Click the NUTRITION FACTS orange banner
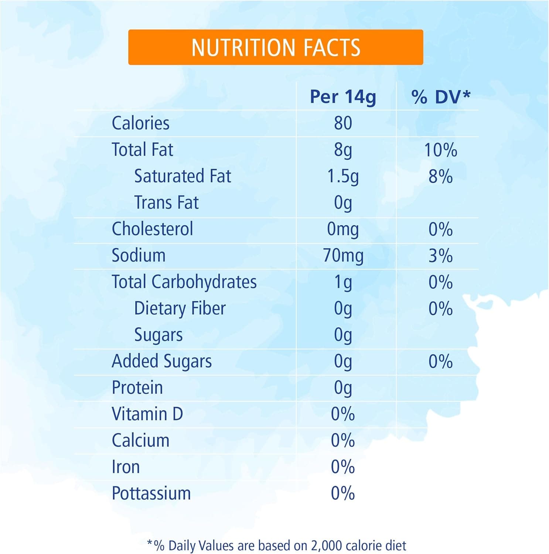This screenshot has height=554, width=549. point(276,47)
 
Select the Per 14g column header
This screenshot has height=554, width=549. point(343,97)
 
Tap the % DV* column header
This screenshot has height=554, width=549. point(440,97)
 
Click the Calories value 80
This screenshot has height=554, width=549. point(343,123)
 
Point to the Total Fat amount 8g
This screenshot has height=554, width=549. point(343,150)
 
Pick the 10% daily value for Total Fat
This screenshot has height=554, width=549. point(440,150)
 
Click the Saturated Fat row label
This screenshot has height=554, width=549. point(183,176)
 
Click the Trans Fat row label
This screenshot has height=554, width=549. point(166,202)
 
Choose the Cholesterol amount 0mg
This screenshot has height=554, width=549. point(343,229)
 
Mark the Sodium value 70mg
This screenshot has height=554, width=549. point(343,256)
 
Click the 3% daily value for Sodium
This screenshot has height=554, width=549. point(440,256)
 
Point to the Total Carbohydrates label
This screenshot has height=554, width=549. point(184,282)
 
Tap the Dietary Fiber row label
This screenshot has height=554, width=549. point(180,308)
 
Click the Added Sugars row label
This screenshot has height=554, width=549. point(162,361)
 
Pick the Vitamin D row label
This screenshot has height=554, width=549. point(147,414)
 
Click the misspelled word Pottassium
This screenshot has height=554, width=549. point(151,493)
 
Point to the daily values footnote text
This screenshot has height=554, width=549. point(276,545)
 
